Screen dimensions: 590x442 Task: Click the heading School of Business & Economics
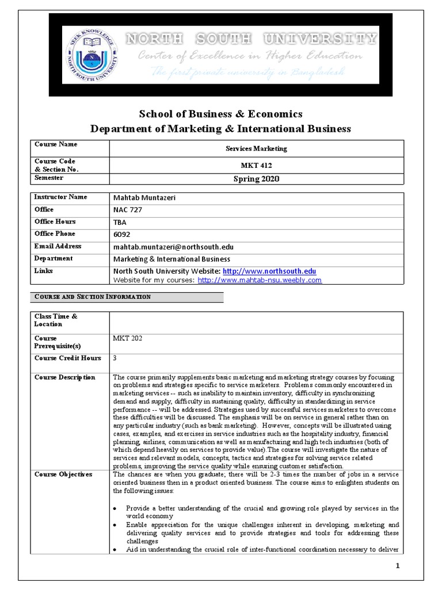click(220, 114)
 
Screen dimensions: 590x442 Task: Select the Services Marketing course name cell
click(256, 148)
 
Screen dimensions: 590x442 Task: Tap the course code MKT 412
click(256, 165)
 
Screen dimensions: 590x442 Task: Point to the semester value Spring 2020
click(256, 179)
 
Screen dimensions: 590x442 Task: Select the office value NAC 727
click(128, 210)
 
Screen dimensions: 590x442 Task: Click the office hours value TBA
click(120, 222)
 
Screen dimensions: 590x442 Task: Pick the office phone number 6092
click(121, 235)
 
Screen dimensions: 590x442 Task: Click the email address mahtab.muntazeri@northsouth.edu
click(173, 247)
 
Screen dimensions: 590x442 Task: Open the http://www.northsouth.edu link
click(269, 271)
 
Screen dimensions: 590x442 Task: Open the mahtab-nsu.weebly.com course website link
click(259, 280)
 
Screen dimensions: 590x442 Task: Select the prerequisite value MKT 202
click(127, 338)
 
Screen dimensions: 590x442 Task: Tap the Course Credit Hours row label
click(67, 358)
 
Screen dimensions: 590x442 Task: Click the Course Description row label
click(64, 377)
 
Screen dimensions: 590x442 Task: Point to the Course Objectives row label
click(63, 474)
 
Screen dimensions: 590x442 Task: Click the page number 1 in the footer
click(397, 566)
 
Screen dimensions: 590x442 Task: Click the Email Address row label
click(58, 246)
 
